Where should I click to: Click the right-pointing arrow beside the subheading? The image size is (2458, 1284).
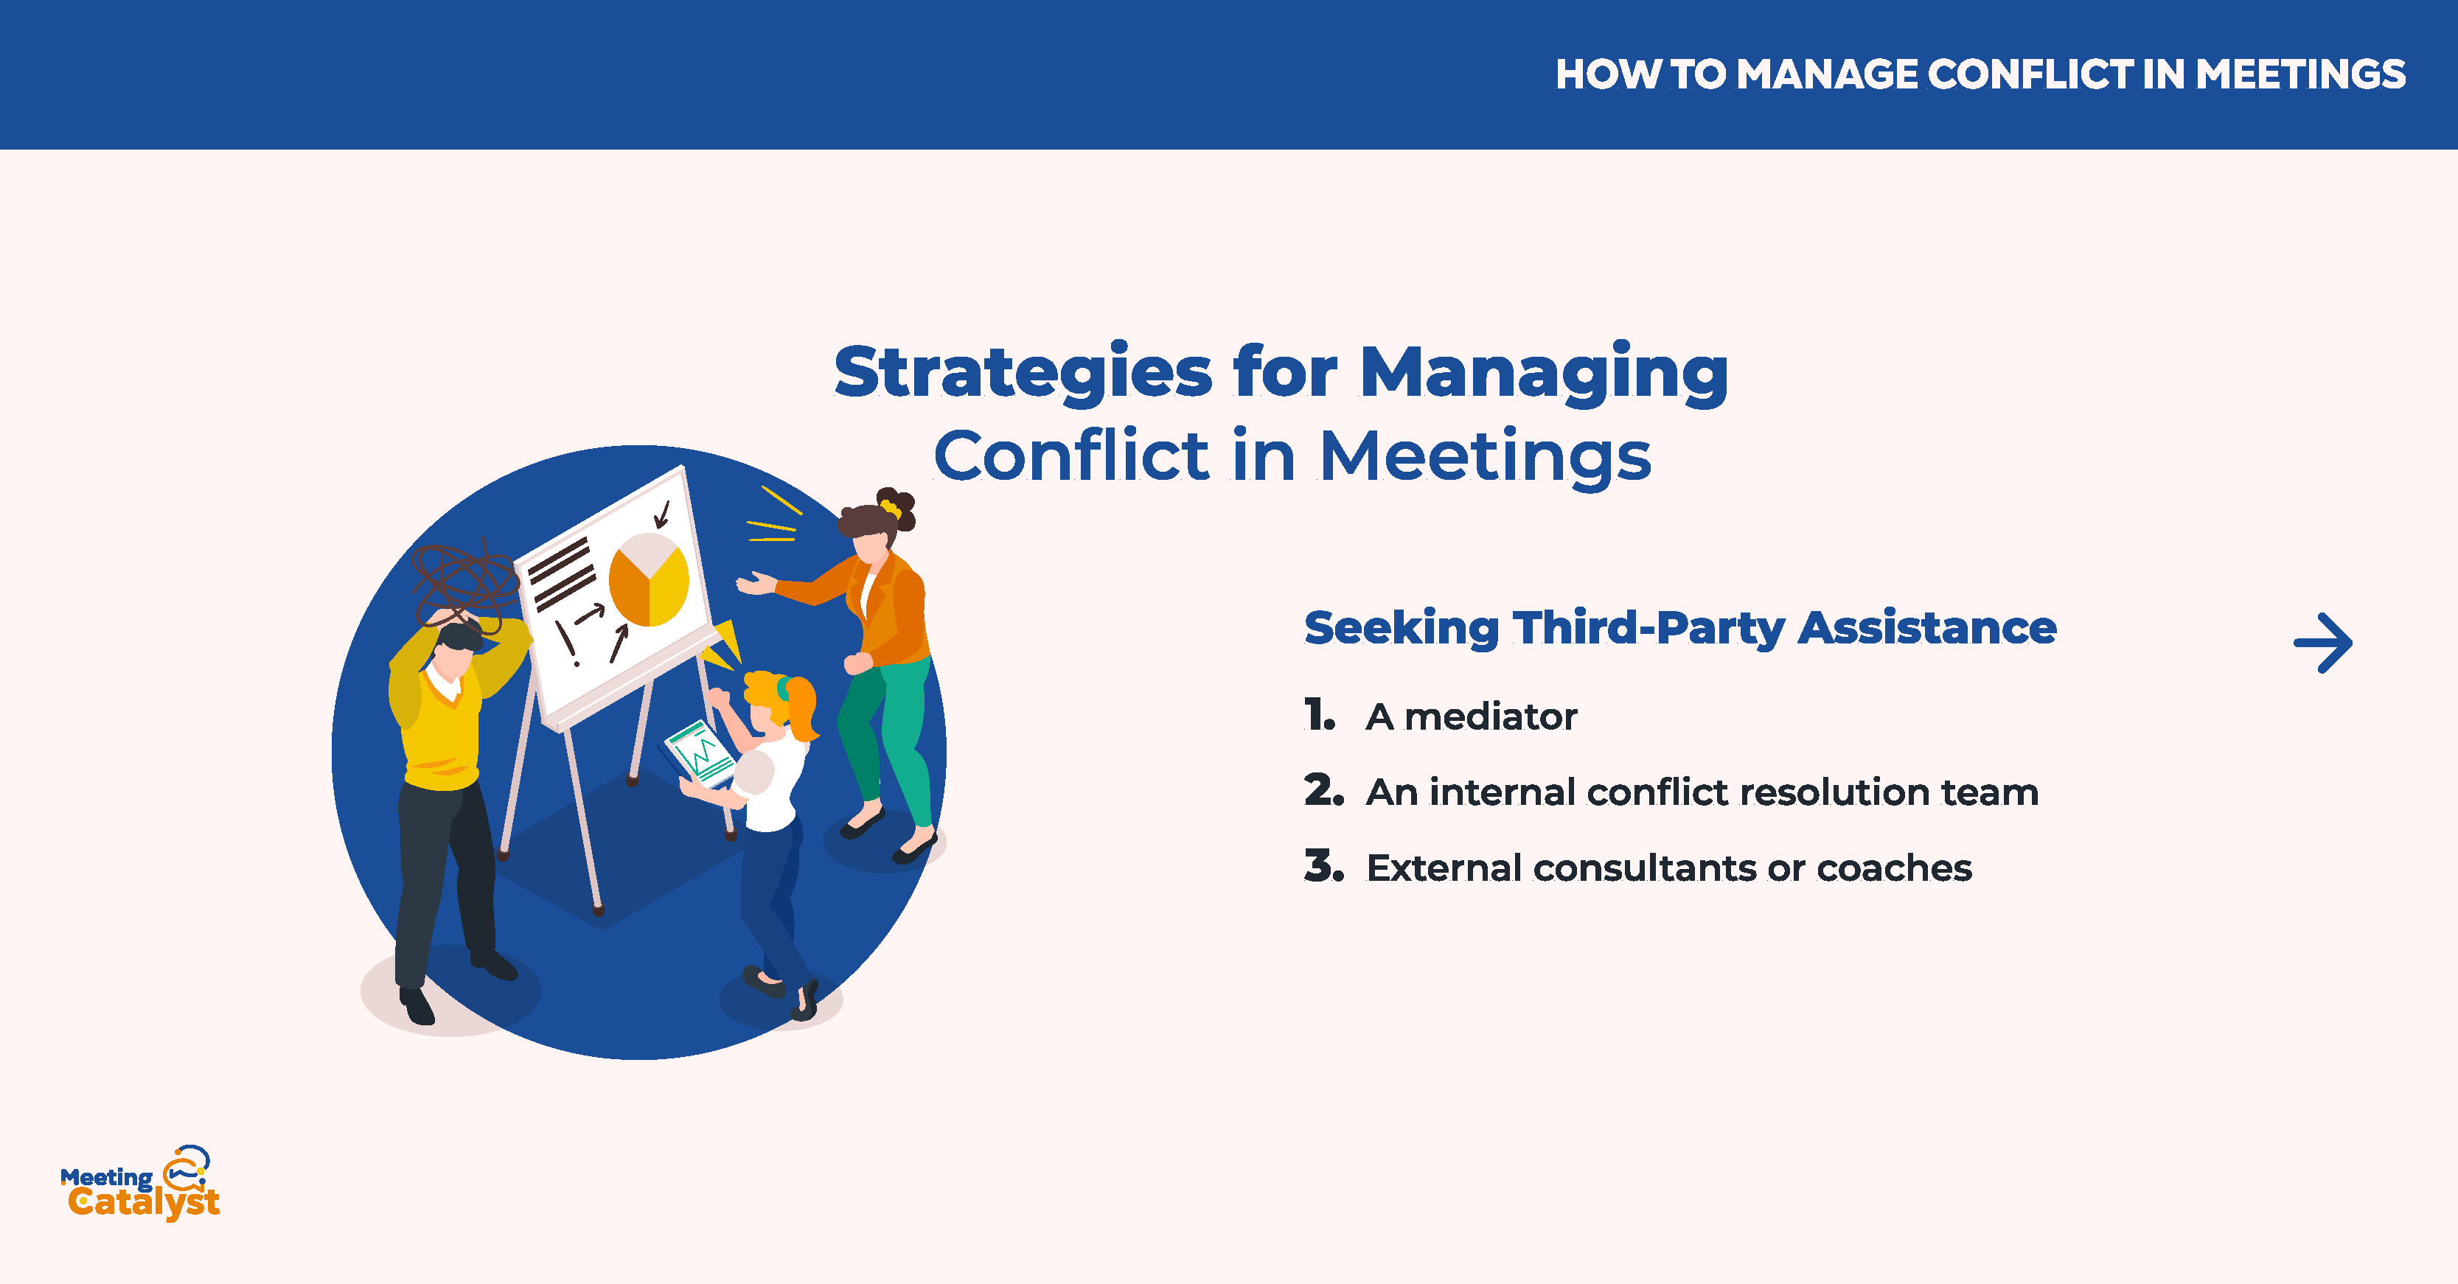(x=2322, y=643)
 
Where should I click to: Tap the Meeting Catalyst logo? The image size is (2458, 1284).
(x=140, y=1183)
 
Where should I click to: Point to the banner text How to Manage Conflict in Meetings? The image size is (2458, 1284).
(x=1980, y=74)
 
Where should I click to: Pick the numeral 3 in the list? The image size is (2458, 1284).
(x=1323, y=866)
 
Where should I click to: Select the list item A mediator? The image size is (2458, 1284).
(x=1472, y=716)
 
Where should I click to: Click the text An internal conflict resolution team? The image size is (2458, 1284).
(x=1702, y=792)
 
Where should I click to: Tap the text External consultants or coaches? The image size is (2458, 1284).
(x=1669, y=868)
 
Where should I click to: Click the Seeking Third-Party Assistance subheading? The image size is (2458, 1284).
(x=1680, y=629)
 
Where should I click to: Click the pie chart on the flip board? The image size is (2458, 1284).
(x=649, y=580)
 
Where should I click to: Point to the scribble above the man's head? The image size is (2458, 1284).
(x=466, y=582)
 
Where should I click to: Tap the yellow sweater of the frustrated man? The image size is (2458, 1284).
(x=444, y=716)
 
